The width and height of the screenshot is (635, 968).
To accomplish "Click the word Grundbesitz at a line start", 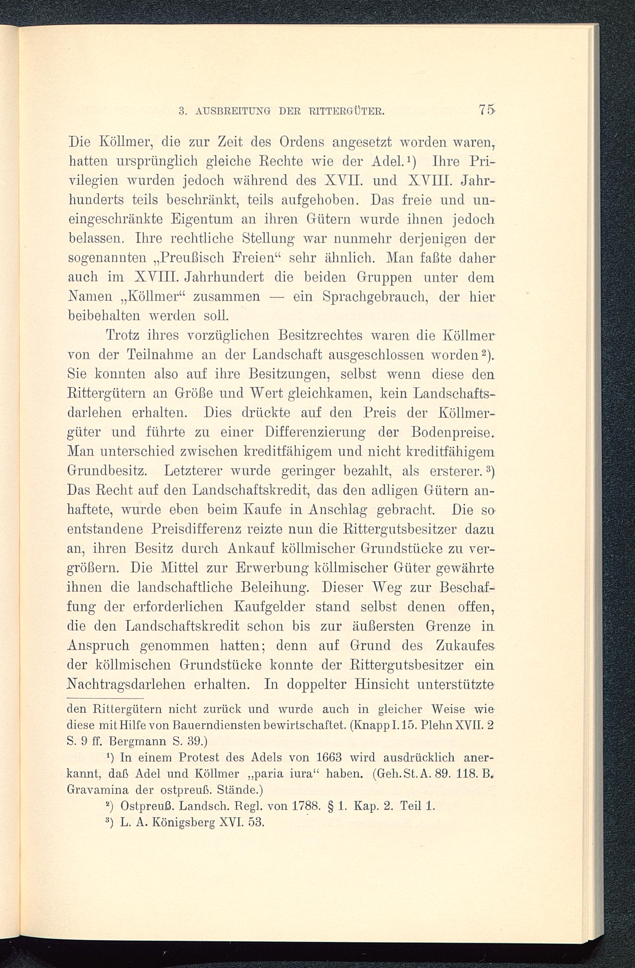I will tap(107, 471).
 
